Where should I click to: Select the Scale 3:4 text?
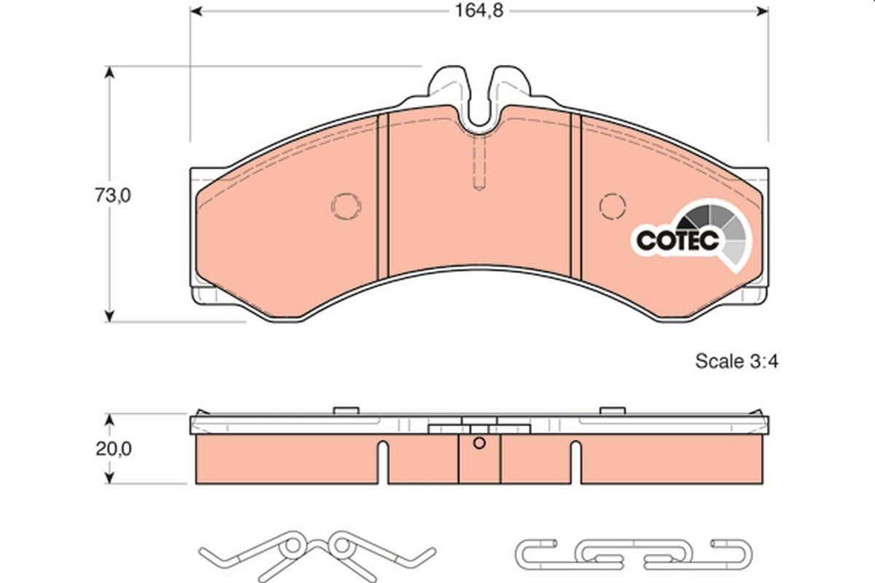pyautogui.click(x=736, y=361)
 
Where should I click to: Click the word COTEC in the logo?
pyautogui.click(x=678, y=240)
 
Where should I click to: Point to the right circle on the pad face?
pyautogui.click(x=612, y=206)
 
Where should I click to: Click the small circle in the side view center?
pyautogui.click(x=479, y=444)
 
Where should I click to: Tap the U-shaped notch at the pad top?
pyautogui.click(x=479, y=109)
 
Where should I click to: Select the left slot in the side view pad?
pyautogui.click(x=383, y=462)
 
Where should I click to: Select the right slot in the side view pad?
pyautogui.click(x=576, y=462)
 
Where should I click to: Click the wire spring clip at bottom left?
pyautogui.click(x=317, y=550)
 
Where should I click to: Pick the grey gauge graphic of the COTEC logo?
pyautogui.click(x=718, y=230)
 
